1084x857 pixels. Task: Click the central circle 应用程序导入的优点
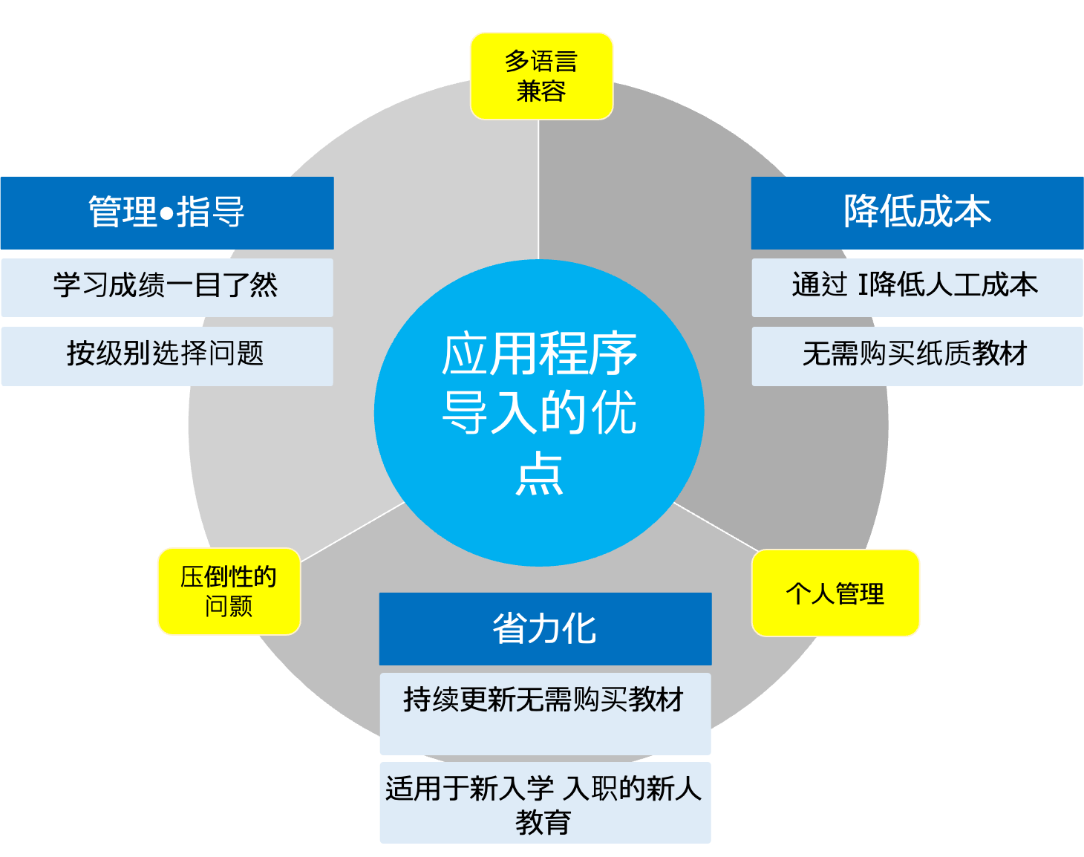click(539, 413)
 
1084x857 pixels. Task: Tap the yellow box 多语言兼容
click(541, 76)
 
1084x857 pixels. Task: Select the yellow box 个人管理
click(835, 593)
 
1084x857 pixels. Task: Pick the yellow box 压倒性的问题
click(229, 591)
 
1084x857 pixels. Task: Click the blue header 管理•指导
click(167, 212)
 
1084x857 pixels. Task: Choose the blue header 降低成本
click(917, 212)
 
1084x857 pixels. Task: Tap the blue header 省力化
click(545, 628)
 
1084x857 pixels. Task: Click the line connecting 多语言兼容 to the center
click(538, 189)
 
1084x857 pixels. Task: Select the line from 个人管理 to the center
click(715, 527)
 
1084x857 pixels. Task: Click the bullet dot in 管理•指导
click(166, 214)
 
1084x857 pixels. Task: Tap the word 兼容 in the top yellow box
click(541, 92)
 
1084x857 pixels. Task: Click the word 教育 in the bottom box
click(543, 822)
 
